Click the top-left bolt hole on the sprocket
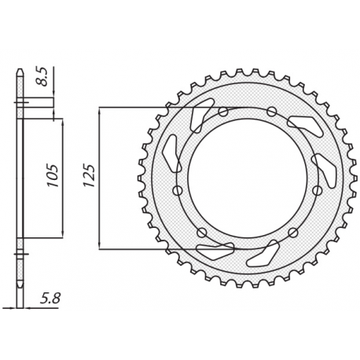point(222,112)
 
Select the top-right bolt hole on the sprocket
point(271,111)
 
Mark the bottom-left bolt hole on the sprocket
point(202,232)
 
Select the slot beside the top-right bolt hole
point(301,123)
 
